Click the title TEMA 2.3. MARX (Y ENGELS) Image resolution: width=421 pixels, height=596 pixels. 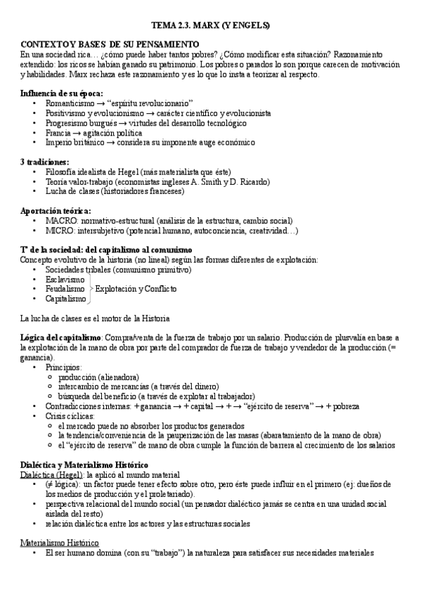click(211, 26)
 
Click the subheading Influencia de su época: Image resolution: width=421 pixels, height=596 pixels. click(62, 93)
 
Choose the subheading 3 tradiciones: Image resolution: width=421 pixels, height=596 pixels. click(45, 162)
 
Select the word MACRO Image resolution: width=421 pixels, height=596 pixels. click(60, 220)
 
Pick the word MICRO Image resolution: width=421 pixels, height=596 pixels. click(59, 230)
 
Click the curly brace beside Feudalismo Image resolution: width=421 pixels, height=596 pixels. click(90, 289)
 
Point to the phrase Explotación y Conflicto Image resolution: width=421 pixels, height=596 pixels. click(136, 289)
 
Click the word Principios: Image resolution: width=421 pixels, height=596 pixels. click(63, 367)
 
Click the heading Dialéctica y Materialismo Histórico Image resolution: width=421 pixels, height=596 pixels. click(93, 465)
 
